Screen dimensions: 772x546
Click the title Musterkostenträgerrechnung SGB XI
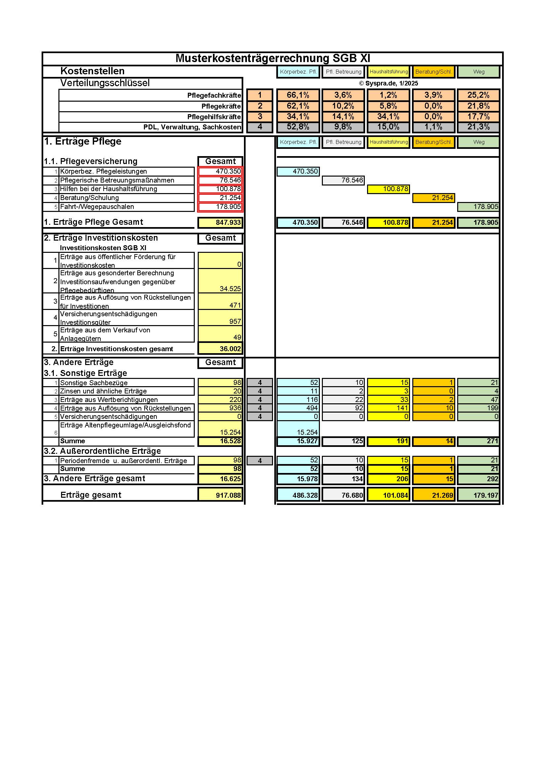point(273,58)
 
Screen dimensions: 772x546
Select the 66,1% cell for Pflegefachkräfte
point(298,95)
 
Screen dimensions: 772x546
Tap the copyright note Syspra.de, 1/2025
point(388,84)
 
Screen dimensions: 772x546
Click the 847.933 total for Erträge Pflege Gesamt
point(220,222)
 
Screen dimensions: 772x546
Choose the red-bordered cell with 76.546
point(220,180)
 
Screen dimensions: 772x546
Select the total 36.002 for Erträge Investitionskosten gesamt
point(220,349)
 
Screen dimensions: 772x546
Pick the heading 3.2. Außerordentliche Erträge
point(102,451)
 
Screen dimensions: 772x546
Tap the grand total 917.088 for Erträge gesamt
point(220,495)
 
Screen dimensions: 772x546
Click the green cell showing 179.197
point(478,495)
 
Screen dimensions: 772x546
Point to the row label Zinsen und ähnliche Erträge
point(103,391)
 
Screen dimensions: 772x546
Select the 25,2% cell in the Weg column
point(478,95)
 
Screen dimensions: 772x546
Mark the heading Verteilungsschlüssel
point(105,83)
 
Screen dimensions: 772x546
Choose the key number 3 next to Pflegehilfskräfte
point(259,117)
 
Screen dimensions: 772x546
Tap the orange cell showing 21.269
point(434,495)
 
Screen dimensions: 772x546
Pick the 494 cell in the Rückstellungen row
point(298,408)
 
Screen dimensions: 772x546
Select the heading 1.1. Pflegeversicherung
point(91,161)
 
